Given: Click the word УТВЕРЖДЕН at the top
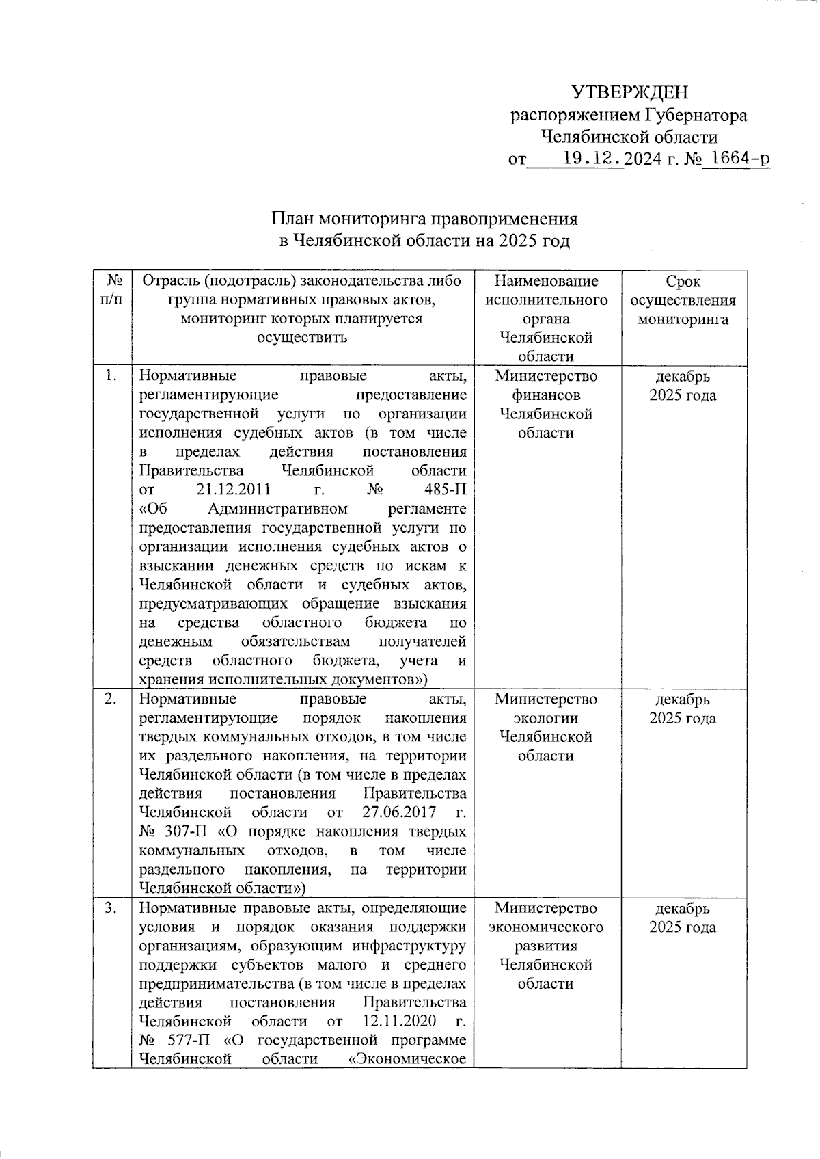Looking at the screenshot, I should (629, 92).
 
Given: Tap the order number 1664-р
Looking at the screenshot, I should (737, 159).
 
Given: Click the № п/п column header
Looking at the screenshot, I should (112, 291).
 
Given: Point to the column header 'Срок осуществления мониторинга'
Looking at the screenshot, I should (683, 300).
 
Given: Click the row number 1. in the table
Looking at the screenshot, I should (111, 375).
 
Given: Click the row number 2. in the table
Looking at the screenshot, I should (111, 699).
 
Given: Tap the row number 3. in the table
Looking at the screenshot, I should (111, 908).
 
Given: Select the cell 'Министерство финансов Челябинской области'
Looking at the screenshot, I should (546, 404).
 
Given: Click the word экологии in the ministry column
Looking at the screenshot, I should (546, 718).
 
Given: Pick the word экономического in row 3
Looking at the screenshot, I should (546, 927).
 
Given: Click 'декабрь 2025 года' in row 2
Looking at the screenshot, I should (683, 708).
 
